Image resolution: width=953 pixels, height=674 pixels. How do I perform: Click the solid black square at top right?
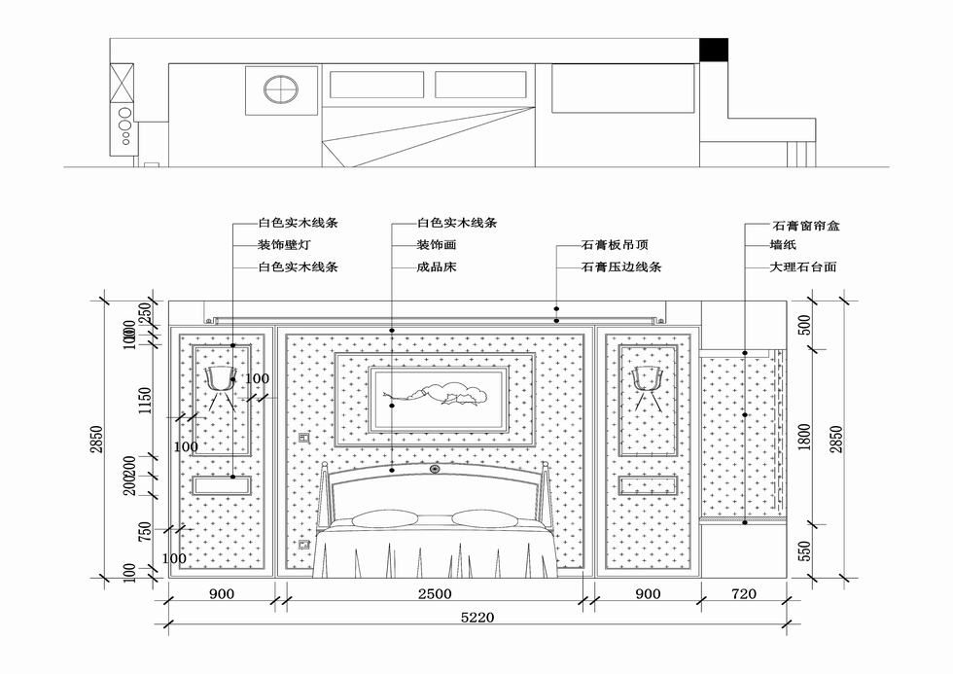714,50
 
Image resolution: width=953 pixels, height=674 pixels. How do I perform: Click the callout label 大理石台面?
803,266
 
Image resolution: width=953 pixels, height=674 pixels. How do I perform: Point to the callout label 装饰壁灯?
285,244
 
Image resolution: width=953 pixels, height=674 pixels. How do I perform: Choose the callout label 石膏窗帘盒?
806,225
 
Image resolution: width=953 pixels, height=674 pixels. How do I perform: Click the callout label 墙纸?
783,244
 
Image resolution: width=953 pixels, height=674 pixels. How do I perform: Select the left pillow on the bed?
374,517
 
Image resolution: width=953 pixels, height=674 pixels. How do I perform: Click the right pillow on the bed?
481,517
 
